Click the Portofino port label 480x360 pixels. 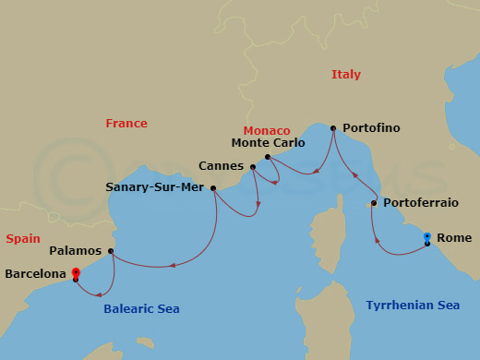coord(371,127)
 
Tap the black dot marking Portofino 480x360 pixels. coord(333,128)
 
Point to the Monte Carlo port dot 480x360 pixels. coord(267,157)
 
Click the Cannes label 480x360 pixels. coord(221,166)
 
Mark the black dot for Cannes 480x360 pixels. coord(253,167)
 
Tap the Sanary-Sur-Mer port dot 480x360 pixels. coord(213,188)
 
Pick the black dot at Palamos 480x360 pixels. coord(111,251)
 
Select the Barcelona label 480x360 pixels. coord(35,274)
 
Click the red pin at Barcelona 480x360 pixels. coord(76,273)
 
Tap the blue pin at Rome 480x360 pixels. coord(426,238)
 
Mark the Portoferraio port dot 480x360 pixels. coord(374,203)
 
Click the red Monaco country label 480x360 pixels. coord(267,131)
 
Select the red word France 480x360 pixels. coord(126,124)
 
